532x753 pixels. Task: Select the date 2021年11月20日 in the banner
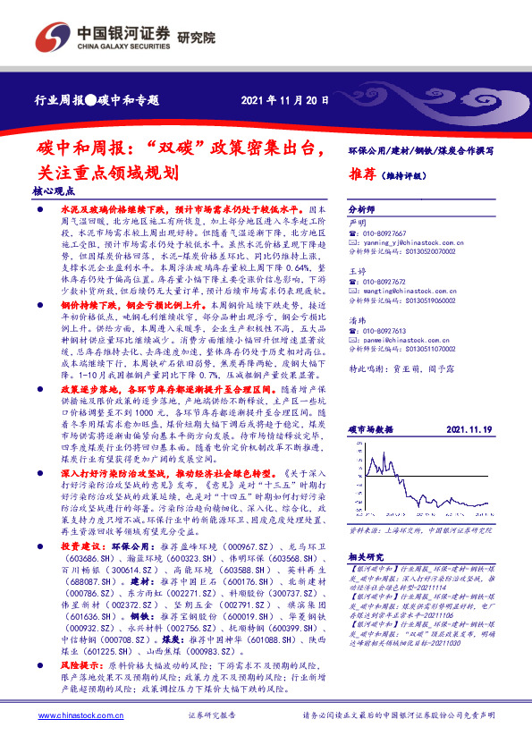(x=278, y=100)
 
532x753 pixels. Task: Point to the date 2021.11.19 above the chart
(x=468, y=404)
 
